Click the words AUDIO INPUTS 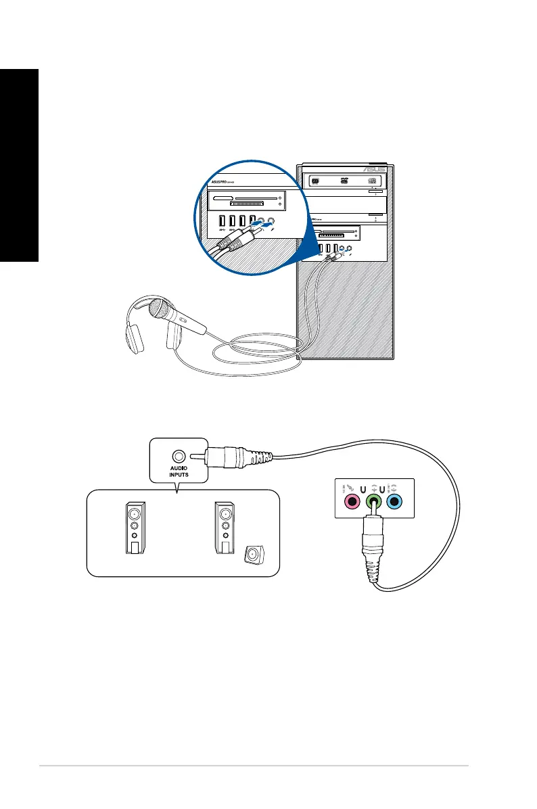tap(178, 474)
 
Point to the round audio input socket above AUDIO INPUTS tap(178, 457)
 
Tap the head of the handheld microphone tap(163, 311)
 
